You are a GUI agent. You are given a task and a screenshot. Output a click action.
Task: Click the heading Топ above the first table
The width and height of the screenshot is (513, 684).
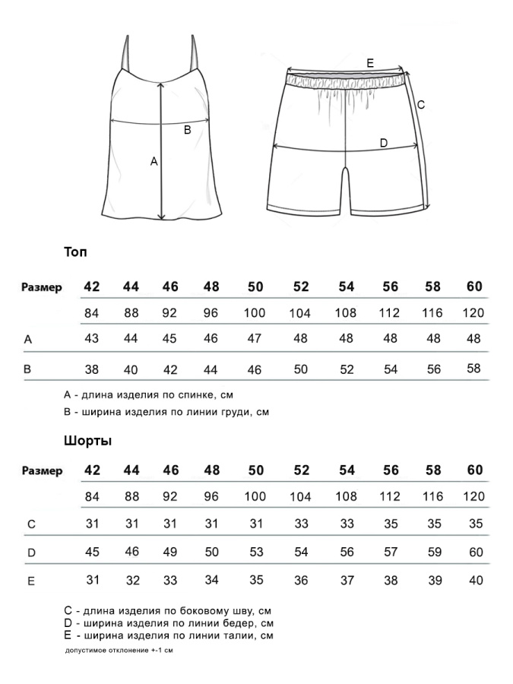click(x=77, y=252)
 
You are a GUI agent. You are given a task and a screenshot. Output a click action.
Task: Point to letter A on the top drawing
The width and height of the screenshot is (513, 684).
click(x=154, y=161)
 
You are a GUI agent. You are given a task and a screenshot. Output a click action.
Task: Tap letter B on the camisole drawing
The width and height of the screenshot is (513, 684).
click(x=187, y=130)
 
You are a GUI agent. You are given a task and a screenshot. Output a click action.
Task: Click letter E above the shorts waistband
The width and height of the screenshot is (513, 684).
click(x=370, y=63)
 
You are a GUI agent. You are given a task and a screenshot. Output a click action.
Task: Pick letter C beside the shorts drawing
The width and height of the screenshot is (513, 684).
click(x=420, y=105)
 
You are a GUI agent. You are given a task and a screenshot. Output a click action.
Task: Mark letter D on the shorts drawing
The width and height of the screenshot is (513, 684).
click(x=383, y=143)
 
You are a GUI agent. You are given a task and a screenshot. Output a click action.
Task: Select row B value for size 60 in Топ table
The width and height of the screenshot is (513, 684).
click(x=474, y=369)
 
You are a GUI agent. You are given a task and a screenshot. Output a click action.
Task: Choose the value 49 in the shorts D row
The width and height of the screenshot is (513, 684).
click(x=170, y=552)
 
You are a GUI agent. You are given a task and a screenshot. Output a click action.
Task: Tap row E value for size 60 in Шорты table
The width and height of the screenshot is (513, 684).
click(x=476, y=581)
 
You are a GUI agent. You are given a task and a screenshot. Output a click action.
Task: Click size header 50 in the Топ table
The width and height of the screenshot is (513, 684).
click(x=255, y=287)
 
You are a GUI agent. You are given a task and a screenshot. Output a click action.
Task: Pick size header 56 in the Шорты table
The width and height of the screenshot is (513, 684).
click(x=391, y=470)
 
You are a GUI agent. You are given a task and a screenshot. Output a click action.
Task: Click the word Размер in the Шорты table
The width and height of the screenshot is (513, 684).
click(x=42, y=471)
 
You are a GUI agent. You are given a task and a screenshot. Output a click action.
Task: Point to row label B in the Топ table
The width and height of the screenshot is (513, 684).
click(x=28, y=369)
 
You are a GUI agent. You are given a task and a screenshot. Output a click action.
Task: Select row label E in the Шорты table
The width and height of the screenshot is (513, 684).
click(x=30, y=581)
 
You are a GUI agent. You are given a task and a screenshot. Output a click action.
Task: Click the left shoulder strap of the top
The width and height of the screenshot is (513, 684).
click(x=125, y=52)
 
